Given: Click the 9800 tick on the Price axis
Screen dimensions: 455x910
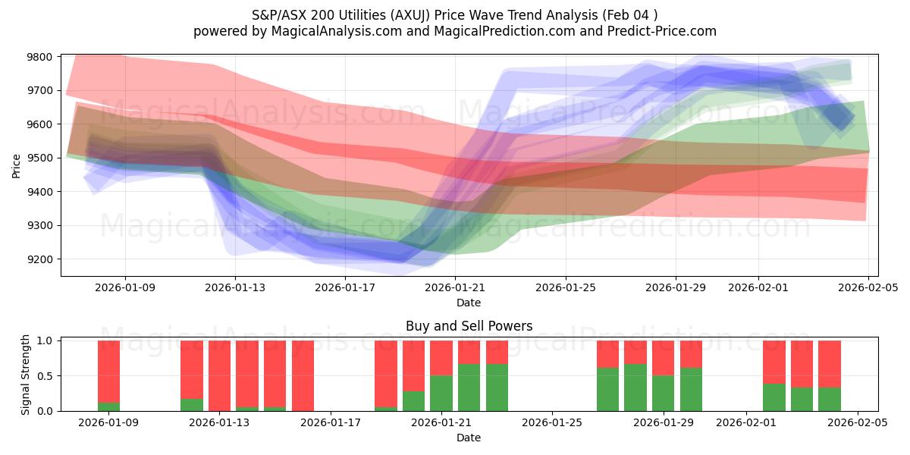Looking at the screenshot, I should click(x=39, y=57).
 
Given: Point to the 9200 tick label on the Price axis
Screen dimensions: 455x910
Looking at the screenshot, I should click(x=39, y=259).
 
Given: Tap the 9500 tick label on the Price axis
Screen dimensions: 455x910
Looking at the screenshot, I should click(x=39, y=158).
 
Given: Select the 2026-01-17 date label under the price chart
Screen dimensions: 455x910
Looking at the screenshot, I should click(x=345, y=287).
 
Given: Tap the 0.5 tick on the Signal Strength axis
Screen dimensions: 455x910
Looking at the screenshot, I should click(x=45, y=376).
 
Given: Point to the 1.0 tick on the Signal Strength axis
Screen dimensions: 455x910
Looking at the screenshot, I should click(x=45, y=341).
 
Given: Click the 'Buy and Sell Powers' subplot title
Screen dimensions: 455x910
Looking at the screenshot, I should click(x=469, y=326).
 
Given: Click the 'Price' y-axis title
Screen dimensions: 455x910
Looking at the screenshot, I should click(x=17, y=165).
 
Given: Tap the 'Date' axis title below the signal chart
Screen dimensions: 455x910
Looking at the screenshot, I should click(x=469, y=438).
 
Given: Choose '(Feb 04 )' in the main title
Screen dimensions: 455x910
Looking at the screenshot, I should click(x=629, y=15).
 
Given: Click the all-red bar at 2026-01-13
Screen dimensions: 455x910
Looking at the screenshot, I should click(x=219, y=375).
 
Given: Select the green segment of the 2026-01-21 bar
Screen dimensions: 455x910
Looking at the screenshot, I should click(x=441, y=393).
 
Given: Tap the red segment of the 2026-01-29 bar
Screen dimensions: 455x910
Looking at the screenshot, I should click(x=663, y=358).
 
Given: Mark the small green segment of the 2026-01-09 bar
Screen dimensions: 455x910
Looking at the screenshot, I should click(x=108, y=406).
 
